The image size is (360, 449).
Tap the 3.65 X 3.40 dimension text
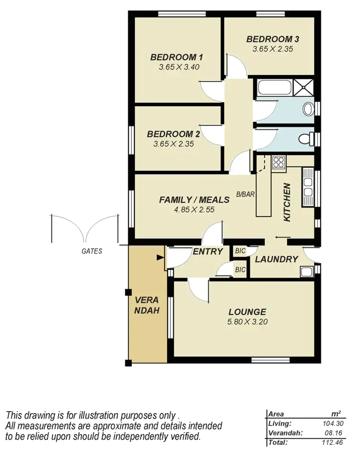179,67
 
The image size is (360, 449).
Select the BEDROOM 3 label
269,39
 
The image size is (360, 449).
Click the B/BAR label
244,194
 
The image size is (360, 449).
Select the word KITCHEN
287,202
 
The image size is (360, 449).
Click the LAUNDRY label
276,259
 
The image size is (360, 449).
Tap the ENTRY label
207,251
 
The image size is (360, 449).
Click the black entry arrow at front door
160,257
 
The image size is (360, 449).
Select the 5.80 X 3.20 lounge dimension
247,322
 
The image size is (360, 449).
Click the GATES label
92,251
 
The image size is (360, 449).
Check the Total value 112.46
332,442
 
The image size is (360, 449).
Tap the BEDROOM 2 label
173,134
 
